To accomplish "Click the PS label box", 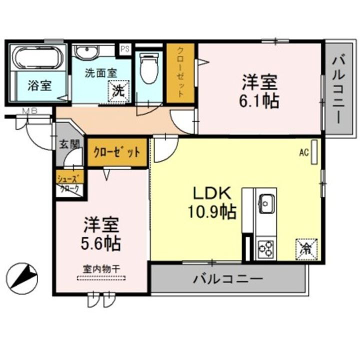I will tap(125, 49).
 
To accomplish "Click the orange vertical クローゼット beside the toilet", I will tap(180, 74).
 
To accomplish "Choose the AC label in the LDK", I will tap(303, 152).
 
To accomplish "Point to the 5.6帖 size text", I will tap(100, 244).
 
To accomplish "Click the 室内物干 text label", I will tap(101, 268).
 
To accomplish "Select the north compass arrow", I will tap(23, 276).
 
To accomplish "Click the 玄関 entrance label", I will tap(69, 144).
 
